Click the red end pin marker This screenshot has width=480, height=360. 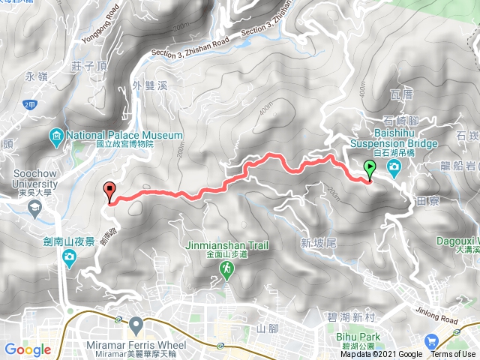(x=109, y=191)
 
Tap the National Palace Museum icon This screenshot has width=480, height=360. (x=57, y=136)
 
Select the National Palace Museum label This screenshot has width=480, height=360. (x=124, y=136)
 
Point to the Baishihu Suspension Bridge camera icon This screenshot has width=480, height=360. (x=394, y=166)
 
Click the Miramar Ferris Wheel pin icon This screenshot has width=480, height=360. (x=136, y=325)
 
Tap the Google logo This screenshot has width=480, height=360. (x=28, y=349)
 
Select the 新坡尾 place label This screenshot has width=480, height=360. (x=316, y=242)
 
